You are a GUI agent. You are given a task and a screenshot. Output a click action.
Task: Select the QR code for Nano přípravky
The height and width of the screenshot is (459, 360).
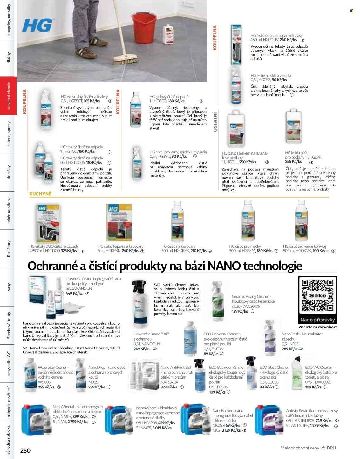click(x=318, y=295)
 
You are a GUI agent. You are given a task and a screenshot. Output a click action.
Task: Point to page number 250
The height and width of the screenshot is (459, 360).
click(x=25, y=450)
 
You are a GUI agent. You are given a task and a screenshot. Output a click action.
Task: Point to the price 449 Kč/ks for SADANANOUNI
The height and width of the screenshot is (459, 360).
click(x=74, y=294)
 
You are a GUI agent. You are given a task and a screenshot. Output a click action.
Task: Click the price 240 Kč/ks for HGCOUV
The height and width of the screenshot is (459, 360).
click(x=289, y=40)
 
